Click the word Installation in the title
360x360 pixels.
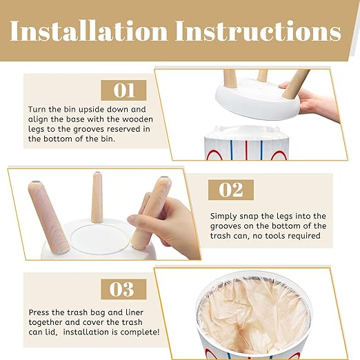tap(89, 31)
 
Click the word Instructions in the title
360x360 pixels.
tap(258, 31)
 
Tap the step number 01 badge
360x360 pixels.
tap(123, 90)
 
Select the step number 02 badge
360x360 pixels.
tap(231, 190)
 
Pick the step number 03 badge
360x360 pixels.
tap(123, 289)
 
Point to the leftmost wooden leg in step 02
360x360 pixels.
tap(48, 217)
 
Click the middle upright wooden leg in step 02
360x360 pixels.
tap(97, 198)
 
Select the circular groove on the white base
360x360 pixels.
tap(100, 239)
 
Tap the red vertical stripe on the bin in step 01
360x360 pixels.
tap(246, 150)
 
